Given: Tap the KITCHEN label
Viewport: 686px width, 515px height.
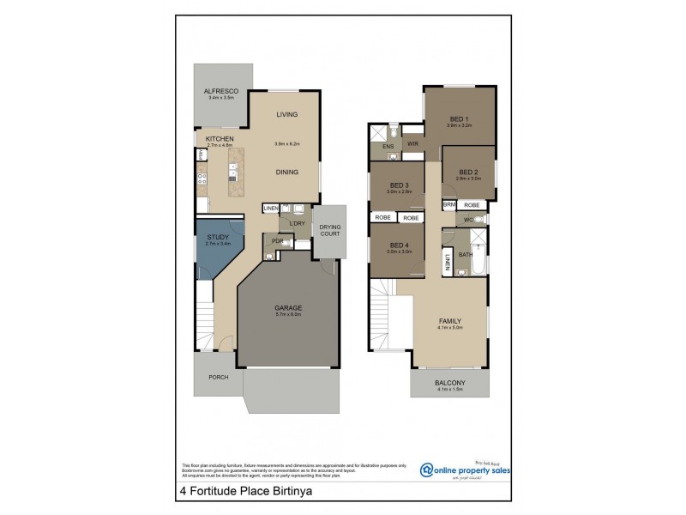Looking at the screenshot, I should click(x=220, y=139).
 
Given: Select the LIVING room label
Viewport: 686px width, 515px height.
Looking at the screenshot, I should click(x=286, y=115).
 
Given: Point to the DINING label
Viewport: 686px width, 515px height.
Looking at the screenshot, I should click(x=286, y=173).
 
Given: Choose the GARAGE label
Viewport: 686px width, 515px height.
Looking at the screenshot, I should click(x=287, y=308).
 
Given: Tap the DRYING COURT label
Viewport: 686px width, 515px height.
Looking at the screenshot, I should click(x=330, y=230).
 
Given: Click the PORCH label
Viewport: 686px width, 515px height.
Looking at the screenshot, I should click(x=218, y=377).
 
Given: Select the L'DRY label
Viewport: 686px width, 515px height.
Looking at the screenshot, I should click(x=297, y=224).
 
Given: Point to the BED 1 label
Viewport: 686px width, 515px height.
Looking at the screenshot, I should click(x=459, y=118).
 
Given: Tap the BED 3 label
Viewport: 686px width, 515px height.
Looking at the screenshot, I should click(x=399, y=185).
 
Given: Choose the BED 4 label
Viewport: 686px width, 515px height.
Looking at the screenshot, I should click(x=399, y=245).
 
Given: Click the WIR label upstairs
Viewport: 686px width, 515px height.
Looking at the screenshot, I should click(x=412, y=143).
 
